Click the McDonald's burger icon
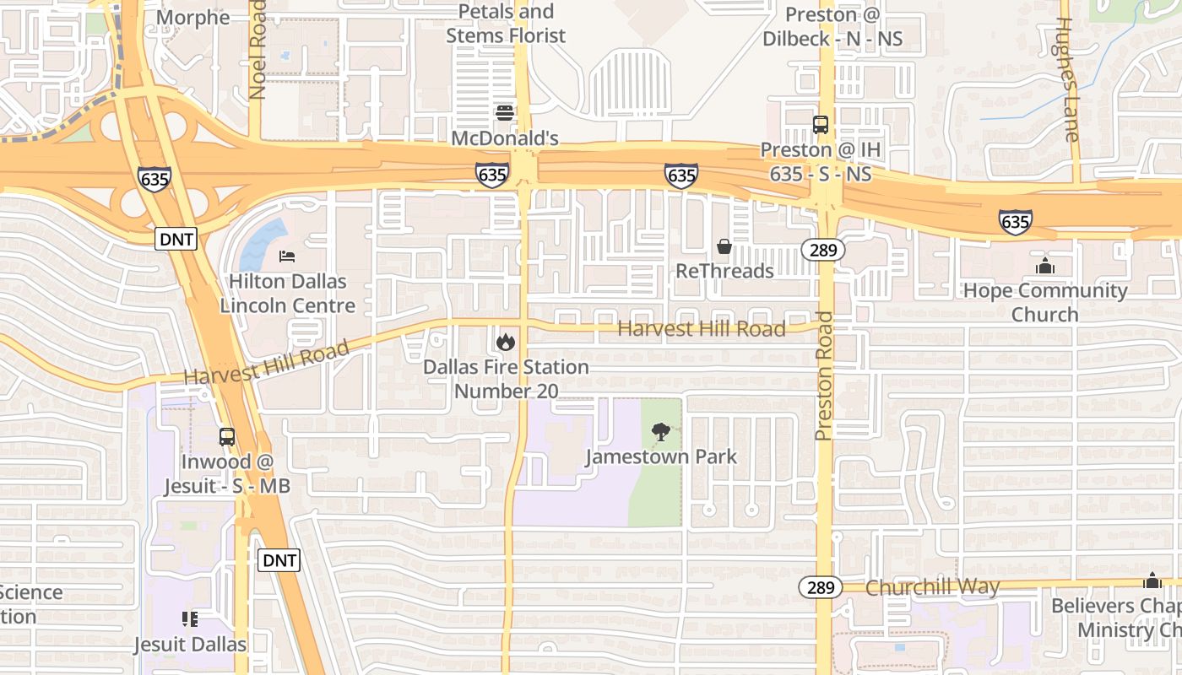click(x=505, y=113)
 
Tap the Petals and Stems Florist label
click(x=506, y=24)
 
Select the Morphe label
click(x=193, y=18)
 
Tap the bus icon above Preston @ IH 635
click(x=820, y=125)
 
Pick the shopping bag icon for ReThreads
click(x=724, y=246)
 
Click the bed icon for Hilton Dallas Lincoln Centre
click(x=287, y=256)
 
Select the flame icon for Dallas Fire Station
click(x=505, y=342)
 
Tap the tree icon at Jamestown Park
click(x=661, y=432)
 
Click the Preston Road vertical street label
click(x=824, y=375)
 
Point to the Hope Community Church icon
click(x=1045, y=266)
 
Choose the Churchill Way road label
click(x=933, y=587)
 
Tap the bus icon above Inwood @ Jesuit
click(x=226, y=437)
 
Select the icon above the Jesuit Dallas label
click(x=190, y=619)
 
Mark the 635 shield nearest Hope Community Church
click(x=1014, y=221)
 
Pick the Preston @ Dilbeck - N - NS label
click(x=832, y=27)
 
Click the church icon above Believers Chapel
click(x=1152, y=580)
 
